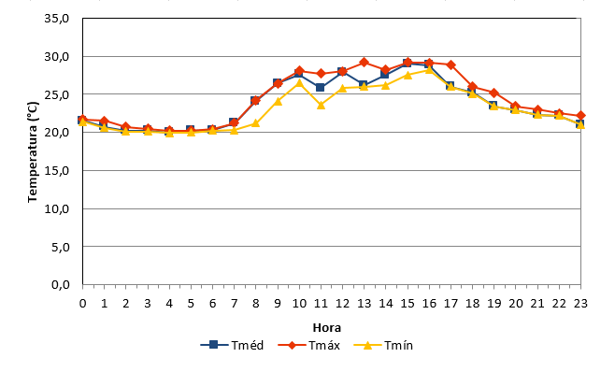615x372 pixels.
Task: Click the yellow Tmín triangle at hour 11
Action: pos(321,105)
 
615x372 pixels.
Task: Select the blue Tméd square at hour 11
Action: pos(320,87)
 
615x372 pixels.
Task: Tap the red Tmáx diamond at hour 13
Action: pos(364,62)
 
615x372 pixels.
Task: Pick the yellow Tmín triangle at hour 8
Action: pos(255,123)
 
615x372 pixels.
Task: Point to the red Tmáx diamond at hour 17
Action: pos(451,64)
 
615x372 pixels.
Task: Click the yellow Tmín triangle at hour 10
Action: pos(299,83)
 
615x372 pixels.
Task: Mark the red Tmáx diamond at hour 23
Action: pos(580,115)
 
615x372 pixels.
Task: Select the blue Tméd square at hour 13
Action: pos(364,85)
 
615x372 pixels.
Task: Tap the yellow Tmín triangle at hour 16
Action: pos(429,69)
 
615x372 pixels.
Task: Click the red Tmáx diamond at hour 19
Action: pos(494,93)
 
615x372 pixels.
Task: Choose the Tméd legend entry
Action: pos(232,345)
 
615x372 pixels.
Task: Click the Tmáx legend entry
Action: pos(309,345)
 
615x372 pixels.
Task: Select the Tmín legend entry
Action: pos(383,345)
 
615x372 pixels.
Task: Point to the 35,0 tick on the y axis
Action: pos(56,19)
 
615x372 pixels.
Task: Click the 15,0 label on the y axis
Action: pos(56,171)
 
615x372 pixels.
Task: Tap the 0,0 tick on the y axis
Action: pos(61,284)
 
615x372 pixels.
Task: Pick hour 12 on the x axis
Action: pos(342,304)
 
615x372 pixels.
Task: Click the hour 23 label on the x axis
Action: pos(580,304)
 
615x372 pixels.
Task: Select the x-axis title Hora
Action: pos(327,328)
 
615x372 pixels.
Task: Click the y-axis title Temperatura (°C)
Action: pos(33,151)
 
